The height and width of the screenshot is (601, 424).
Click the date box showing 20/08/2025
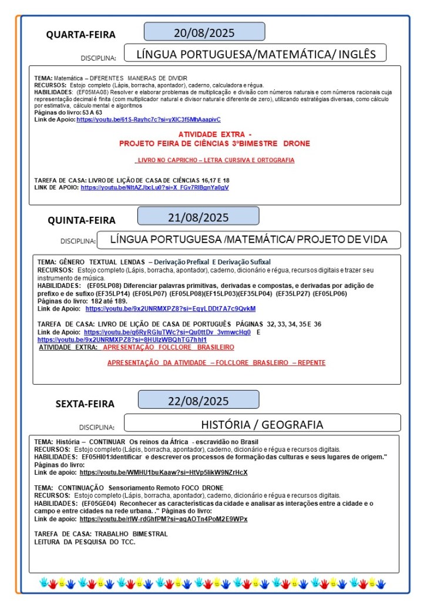pyautogui.click(x=204, y=32)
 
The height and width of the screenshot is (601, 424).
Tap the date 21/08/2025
pyautogui.click(x=198, y=217)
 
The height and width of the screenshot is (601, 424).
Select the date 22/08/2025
pyautogui.click(x=198, y=401)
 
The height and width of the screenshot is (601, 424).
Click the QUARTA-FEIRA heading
pyautogui.click(x=81, y=35)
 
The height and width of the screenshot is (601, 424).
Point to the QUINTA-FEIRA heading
pyautogui.click(x=82, y=220)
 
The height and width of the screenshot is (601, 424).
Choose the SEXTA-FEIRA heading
pyautogui.click(x=85, y=404)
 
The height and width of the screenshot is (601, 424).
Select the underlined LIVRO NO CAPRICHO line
pyautogui.click(x=214, y=160)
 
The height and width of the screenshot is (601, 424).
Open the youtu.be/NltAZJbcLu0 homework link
pyautogui.click(x=154, y=187)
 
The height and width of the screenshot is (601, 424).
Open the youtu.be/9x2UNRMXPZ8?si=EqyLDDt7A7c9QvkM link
pyautogui.click(x=170, y=308)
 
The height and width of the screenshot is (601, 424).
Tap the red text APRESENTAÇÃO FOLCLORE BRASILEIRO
pyautogui.click(x=168, y=347)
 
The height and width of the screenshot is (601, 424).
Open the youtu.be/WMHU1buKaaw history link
pyautogui.click(x=163, y=472)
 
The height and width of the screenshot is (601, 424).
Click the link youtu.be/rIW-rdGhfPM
pyautogui.click(x=163, y=519)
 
